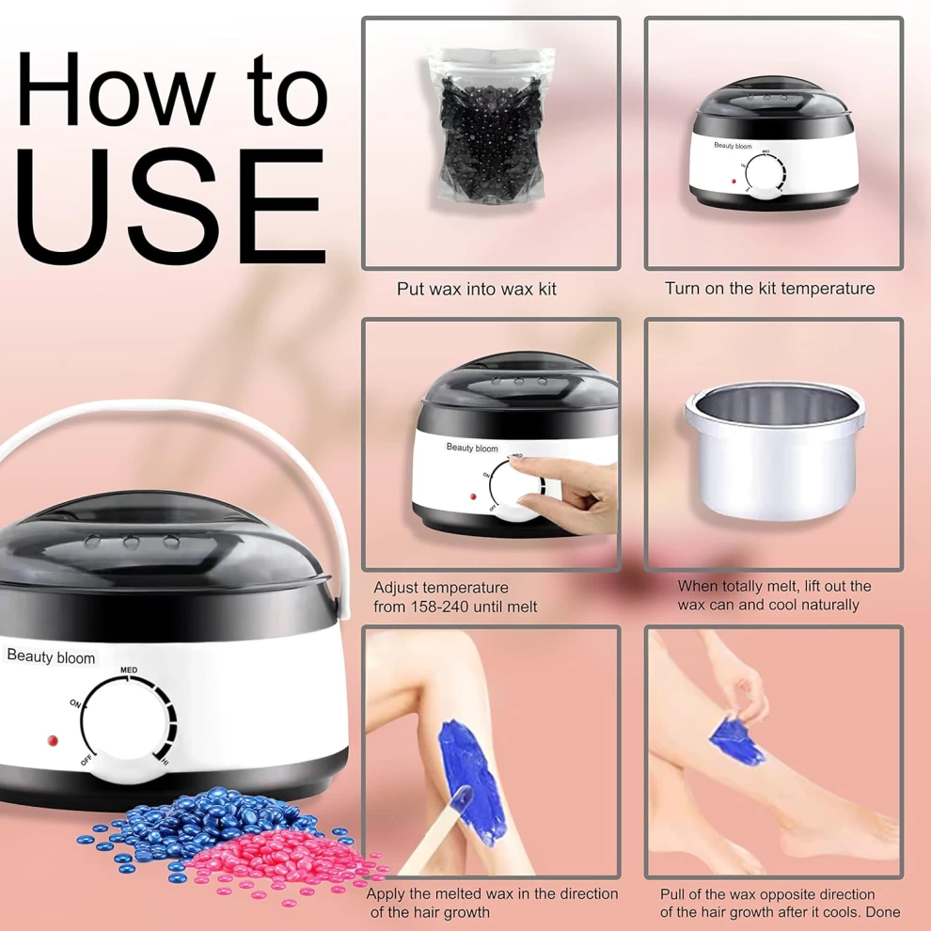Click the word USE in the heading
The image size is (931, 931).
pos(170,205)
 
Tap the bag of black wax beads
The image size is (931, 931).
pos(491,126)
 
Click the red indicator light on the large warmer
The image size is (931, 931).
pos(53,740)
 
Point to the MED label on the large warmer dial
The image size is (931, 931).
pos(129,670)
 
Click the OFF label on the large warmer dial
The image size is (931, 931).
pos(87,760)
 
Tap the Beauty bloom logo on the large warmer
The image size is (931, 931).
pos(51,656)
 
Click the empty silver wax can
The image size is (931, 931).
pos(775,450)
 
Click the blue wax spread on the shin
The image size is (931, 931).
pos(472,778)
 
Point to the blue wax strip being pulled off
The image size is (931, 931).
pos(736,742)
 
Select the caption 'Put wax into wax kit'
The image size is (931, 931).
pos(476,289)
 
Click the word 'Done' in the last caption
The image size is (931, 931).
pos(883,912)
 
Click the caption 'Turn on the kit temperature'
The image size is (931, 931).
pos(769,289)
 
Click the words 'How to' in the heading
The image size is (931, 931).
pos(172,89)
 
